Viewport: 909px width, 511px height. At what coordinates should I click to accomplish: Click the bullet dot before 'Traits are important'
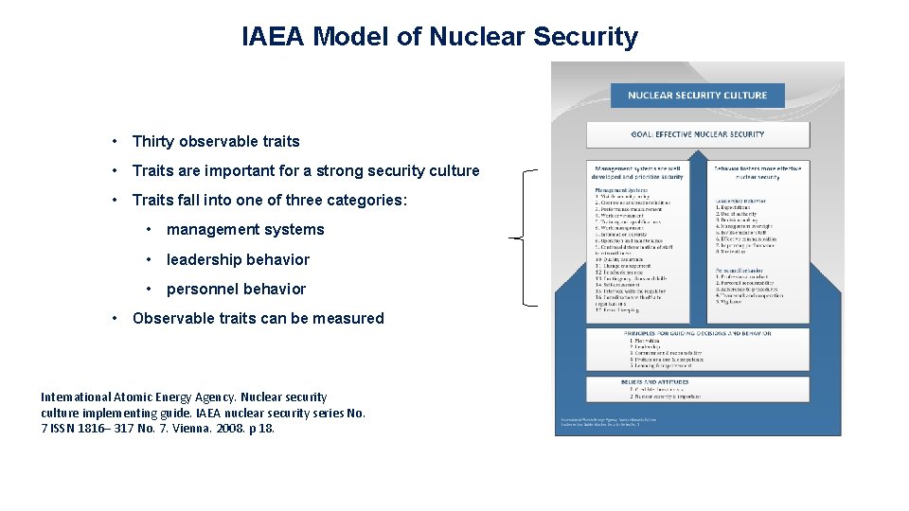pyautogui.click(x=114, y=171)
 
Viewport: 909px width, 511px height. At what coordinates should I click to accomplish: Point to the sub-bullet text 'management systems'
pyautogui.click(x=245, y=230)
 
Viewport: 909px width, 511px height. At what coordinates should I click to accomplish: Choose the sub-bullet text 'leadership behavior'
pyautogui.click(x=238, y=259)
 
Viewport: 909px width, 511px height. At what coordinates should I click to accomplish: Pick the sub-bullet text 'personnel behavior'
pyautogui.click(x=236, y=289)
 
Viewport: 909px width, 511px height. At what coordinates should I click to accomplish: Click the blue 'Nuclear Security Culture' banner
pyautogui.click(x=697, y=96)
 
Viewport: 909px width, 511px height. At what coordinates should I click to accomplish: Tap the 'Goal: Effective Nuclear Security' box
pyautogui.click(x=697, y=134)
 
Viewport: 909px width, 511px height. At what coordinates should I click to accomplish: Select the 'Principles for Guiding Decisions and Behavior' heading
pyautogui.click(x=697, y=333)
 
